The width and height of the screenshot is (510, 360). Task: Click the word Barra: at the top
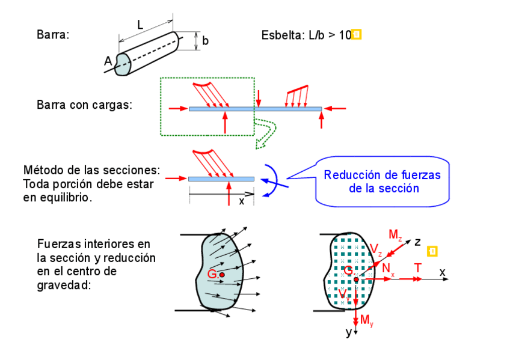[53, 35]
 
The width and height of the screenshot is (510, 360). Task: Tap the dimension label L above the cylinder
[140, 25]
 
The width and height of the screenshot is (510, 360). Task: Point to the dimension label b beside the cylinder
[205, 41]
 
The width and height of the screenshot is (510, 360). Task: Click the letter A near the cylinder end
[108, 61]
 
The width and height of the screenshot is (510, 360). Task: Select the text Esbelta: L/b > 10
[306, 35]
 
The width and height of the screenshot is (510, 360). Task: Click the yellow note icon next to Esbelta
[356, 35]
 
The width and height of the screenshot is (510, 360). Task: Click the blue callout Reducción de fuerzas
[382, 182]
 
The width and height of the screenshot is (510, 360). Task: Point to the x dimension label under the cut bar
[242, 201]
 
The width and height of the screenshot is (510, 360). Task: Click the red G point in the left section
[222, 275]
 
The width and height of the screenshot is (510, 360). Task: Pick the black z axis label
[416, 242]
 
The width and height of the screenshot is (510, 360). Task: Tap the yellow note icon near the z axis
[432, 251]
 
